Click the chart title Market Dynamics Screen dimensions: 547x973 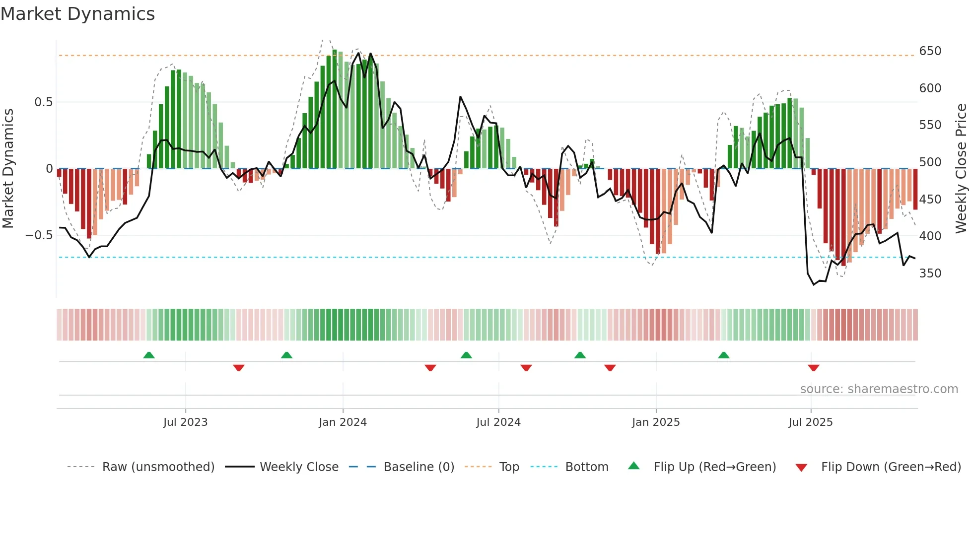pos(77,14)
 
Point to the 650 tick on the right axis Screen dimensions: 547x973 pos(930,51)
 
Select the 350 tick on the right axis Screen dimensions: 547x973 pos(930,273)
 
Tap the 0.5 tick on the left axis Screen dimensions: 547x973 pos(43,102)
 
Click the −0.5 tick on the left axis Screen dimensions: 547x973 pos(39,235)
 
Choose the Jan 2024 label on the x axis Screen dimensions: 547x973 pos(343,422)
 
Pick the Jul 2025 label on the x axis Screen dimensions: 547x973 pos(810,422)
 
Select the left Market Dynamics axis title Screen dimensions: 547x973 pos(8,169)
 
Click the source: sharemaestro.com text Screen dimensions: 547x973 pos(879,389)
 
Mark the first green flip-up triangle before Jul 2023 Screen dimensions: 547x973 pos(149,355)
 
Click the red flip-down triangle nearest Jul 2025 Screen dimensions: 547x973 pos(813,368)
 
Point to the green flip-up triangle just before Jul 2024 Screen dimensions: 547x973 pos(466,355)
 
